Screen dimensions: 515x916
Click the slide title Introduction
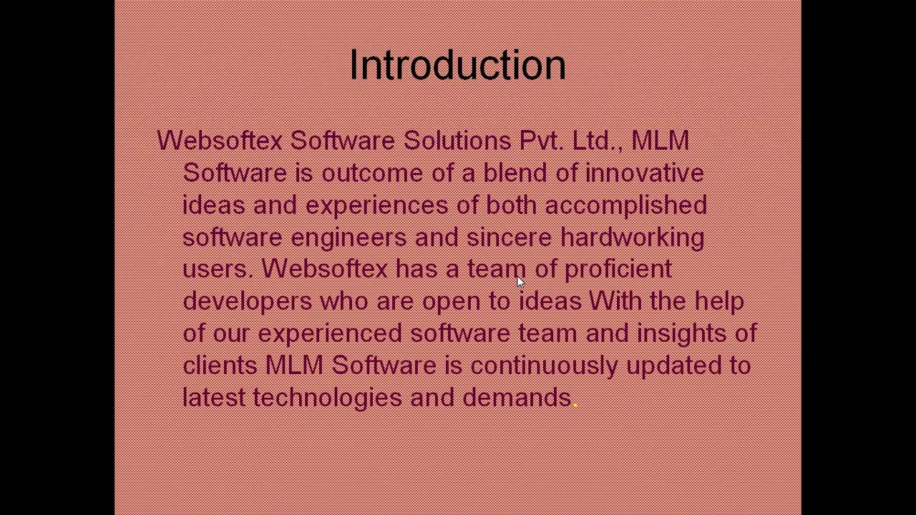click(x=457, y=65)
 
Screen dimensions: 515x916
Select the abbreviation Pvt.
click(x=541, y=140)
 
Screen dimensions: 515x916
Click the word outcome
click(x=372, y=173)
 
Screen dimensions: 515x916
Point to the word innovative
click(x=644, y=173)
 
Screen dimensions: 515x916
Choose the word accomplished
click(x=625, y=205)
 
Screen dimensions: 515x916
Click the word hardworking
click(x=632, y=237)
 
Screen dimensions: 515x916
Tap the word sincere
click(x=509, y=237)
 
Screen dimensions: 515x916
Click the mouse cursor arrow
click(x=520, y=282)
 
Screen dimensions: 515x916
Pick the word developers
click(x=247, y=301)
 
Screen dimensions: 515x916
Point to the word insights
click(x=681, y=333)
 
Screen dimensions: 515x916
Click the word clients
click(x=219, y=366)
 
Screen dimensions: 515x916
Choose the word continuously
click(x=544, y=366)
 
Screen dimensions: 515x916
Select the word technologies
click(x=327, y=398)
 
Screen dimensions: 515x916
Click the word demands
click(x=516, y=398)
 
